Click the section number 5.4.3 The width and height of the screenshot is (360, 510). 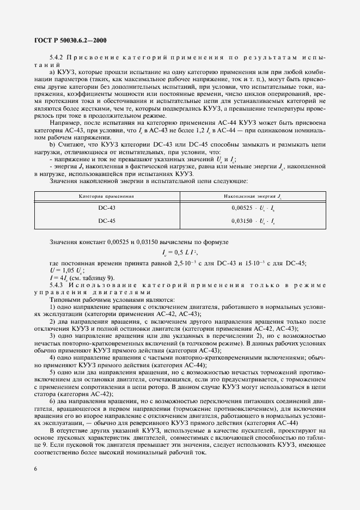57,285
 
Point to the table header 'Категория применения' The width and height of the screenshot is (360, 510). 107,195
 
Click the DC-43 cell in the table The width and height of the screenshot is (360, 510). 107,208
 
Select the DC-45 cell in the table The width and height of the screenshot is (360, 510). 107,221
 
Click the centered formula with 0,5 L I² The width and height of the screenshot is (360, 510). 180,253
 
